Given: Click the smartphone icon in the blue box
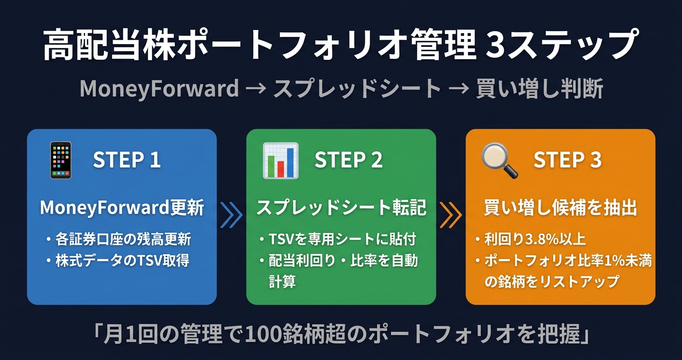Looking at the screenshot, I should tap(60, 160).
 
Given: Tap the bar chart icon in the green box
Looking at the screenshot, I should tap(280, 160).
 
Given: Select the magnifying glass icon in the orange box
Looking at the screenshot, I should tap(500, 160).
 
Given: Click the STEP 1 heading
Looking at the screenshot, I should tap(126, 160).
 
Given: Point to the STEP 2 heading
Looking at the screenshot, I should tap(348, 160).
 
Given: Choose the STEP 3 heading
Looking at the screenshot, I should tap(568, 160).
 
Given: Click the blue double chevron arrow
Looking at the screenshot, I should tap(231, 215).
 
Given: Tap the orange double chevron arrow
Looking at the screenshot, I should tap(451, 215).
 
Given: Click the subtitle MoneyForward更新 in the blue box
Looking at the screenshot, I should tap(122, 208).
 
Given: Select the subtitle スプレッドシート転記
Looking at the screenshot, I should tap(341, 208).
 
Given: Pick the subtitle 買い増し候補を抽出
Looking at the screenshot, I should tap(560, 208).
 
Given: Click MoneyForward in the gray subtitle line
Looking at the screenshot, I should tap(159, 89).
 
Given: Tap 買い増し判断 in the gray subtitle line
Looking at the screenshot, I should tap(539, 89).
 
